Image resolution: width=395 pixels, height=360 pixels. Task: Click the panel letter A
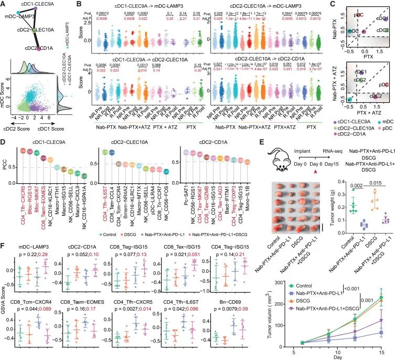coord(4,5)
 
